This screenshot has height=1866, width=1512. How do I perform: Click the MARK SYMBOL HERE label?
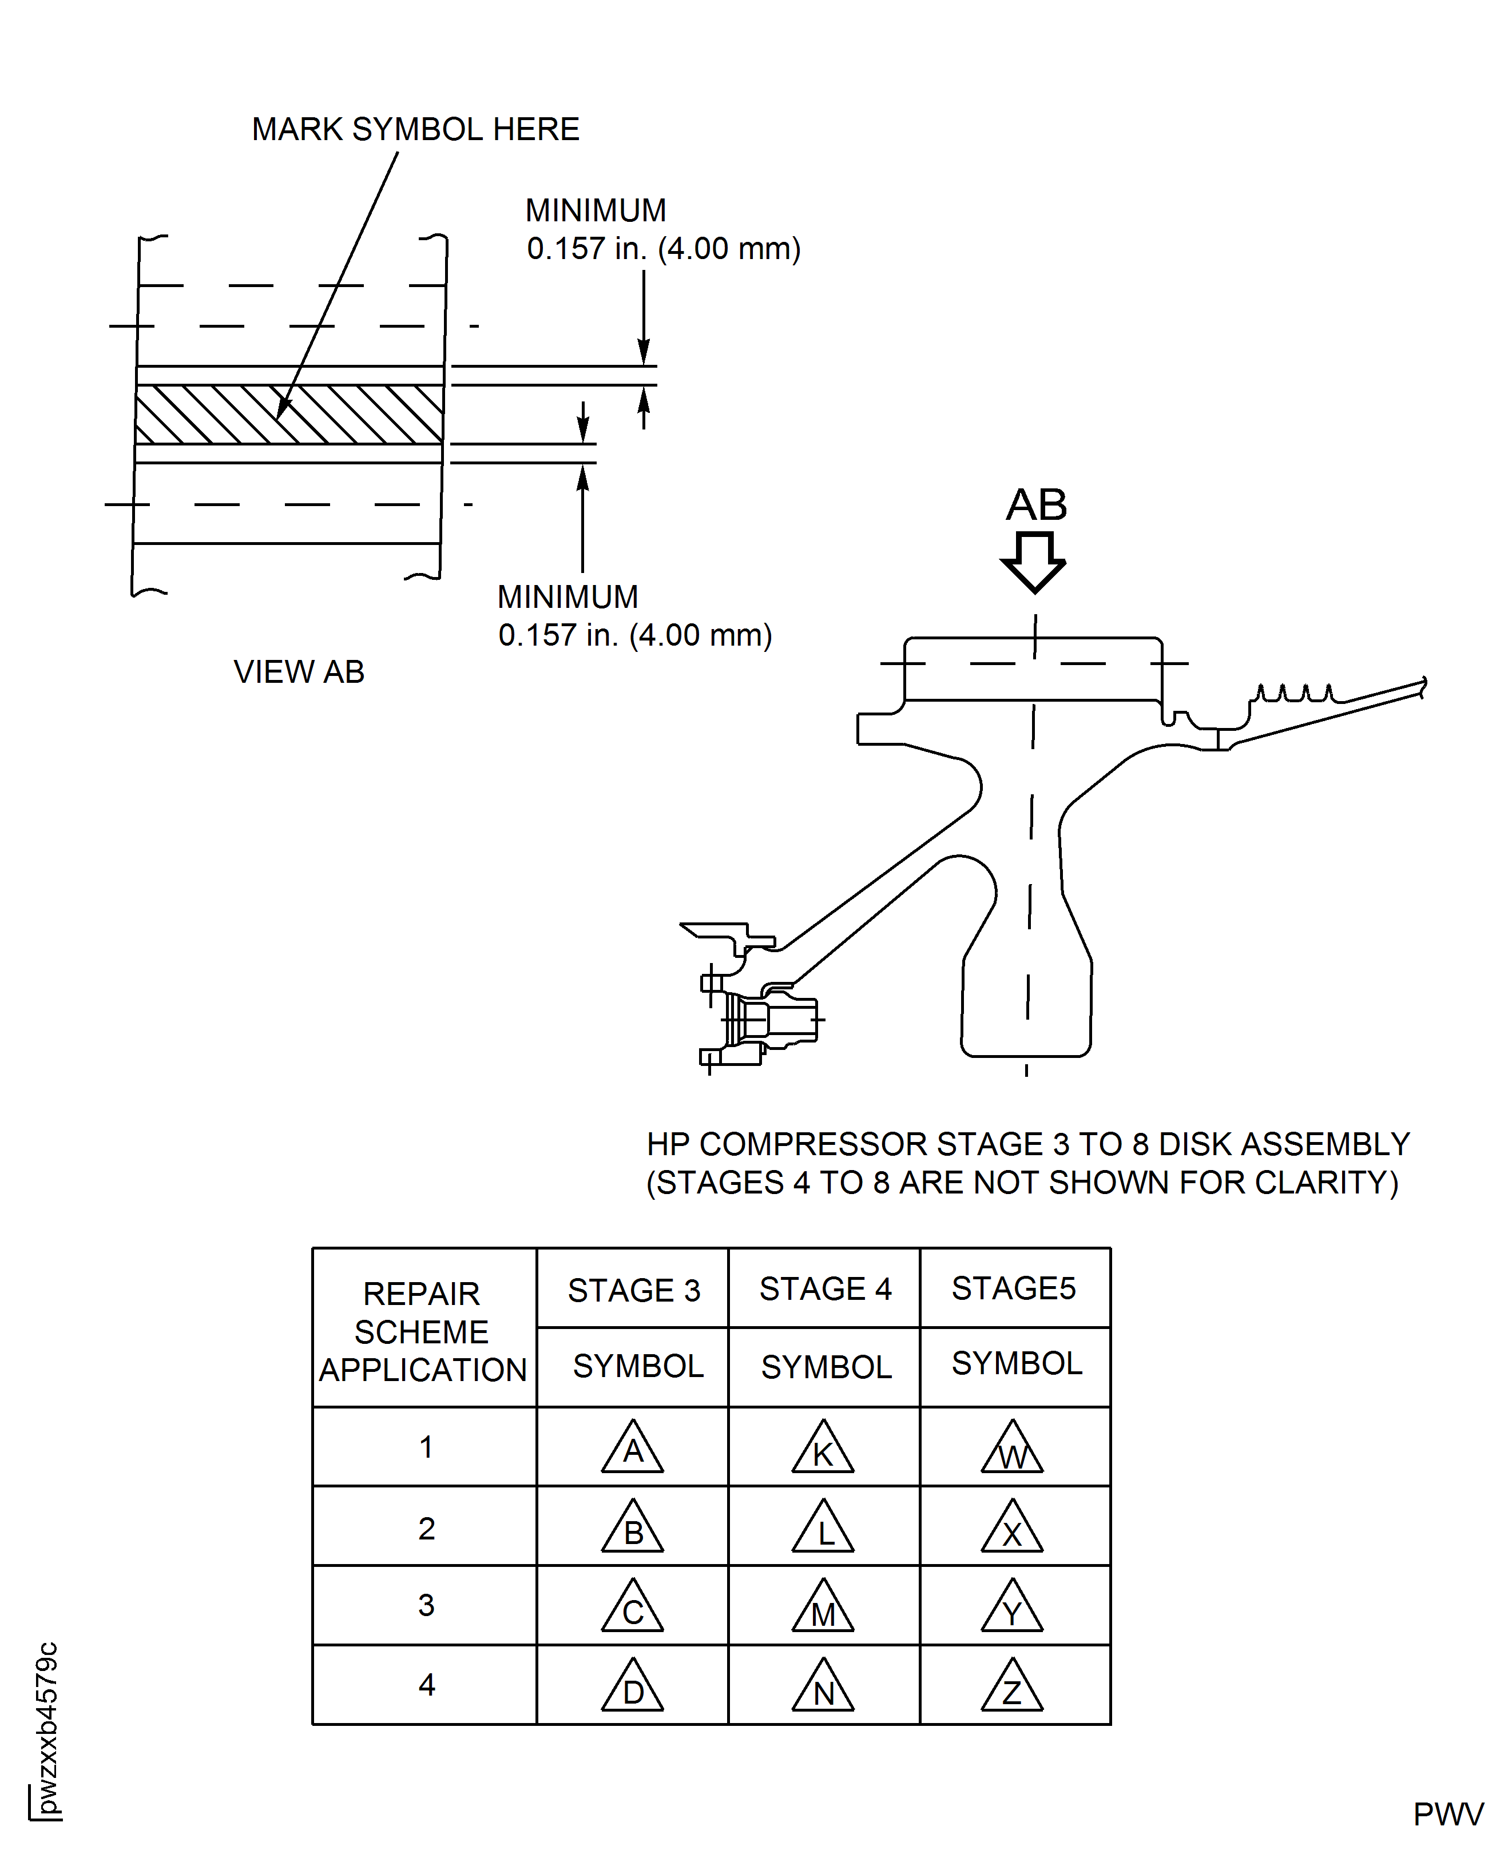tap(415, 129)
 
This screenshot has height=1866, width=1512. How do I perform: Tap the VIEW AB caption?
tap(299, 671)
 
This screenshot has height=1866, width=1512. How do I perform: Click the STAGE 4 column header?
tap(825, 1288)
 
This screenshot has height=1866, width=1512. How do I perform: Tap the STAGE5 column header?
tap(1014, 1288)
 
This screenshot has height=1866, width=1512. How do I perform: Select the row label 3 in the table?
tap(426, 1605)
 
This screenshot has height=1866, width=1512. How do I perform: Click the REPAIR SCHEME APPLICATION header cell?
tap(422, 1331)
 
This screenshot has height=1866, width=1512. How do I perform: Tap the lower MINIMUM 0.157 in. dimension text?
tap(634, 616)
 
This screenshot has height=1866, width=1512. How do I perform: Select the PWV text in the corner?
tap(1447, 1815)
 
